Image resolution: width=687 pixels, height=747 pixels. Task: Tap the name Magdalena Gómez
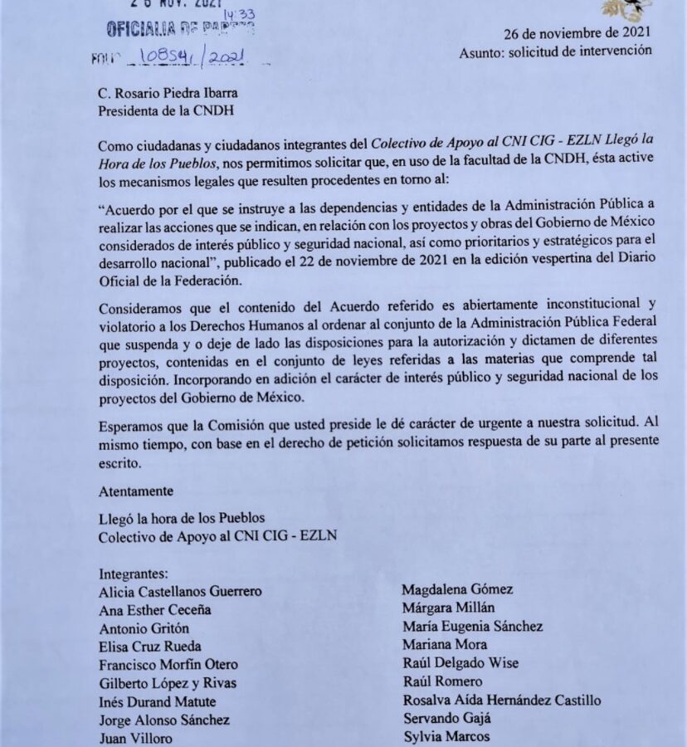click(x=457, y=590)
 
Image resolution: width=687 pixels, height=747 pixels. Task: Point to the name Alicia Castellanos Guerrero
click(x=180, y=592)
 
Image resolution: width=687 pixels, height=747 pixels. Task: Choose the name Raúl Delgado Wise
click(x=461, y=663)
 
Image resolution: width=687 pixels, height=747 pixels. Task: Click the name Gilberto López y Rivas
click(x=167, y=683)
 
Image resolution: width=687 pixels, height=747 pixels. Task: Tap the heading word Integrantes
click(x=134, y=573)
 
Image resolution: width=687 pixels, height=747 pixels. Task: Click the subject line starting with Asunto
click(x=556, y=51)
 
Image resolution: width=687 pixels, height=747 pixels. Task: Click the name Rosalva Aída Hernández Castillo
click(x=502, y=701)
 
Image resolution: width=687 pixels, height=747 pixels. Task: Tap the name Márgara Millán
click(x=449, y=608)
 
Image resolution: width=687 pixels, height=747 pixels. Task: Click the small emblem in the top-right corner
click(x=628, y=8)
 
